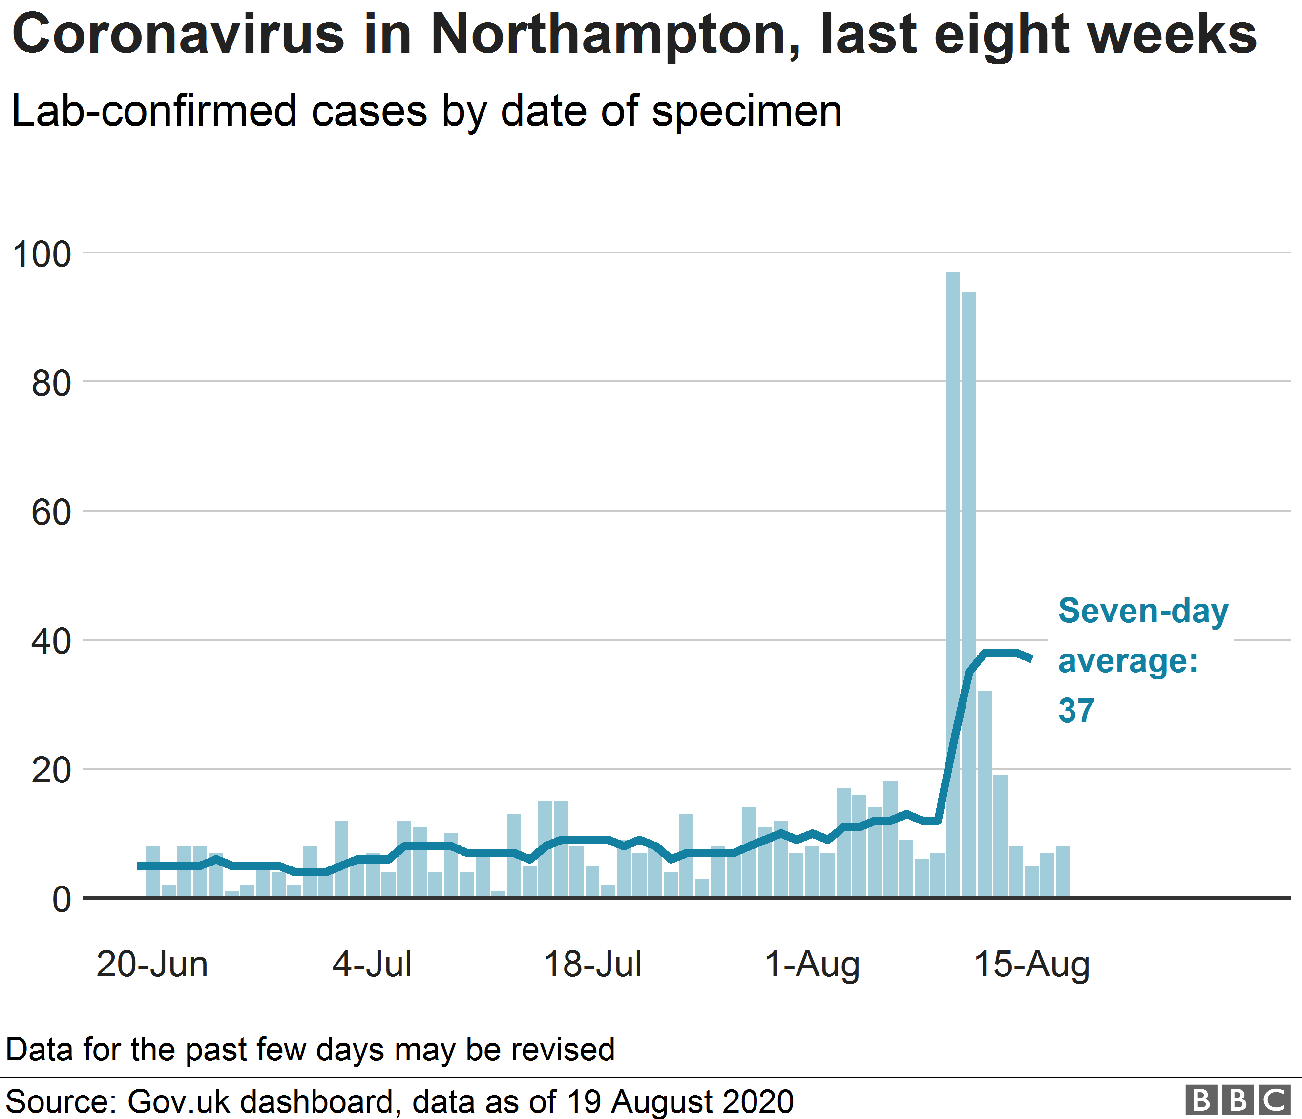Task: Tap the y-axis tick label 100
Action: (x=42, y=255)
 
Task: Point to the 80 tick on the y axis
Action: (x=52, y=384)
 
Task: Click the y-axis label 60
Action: (x=52, y=513)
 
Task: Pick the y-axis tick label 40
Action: (x=52, y=642)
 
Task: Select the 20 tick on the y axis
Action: (x=52, y=771)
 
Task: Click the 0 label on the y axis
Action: (x=62, y=900)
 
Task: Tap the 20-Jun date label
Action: (x=152, y=965)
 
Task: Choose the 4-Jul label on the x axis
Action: (x=372, y=965)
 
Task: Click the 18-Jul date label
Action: (x=592, y=965)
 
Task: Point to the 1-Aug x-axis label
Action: (x=812, y=965)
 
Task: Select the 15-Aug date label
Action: (x=1032, y=965)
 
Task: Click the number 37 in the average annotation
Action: (x=1076, y=711)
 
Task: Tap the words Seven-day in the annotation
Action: (x=1143, y=611)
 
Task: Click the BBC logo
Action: (x=1237, y=1100)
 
